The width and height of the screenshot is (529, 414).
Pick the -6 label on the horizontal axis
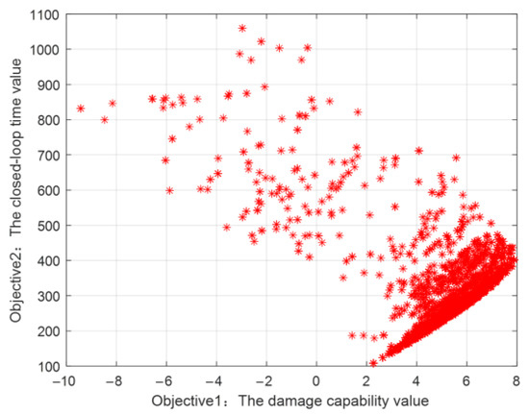point(165,379)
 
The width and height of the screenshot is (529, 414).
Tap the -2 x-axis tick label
point(265,379)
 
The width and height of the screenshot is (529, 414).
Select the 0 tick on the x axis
point(317,379)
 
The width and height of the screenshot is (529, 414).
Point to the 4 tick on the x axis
point(417,379)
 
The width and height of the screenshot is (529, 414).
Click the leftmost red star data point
point(81,109)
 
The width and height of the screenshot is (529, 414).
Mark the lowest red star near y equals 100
point(374,363)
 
